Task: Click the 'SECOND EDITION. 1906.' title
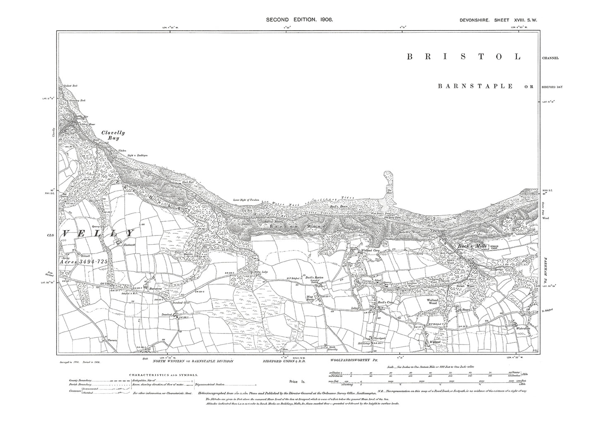coord(300,19)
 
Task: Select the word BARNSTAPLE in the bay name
coord(475,86)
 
